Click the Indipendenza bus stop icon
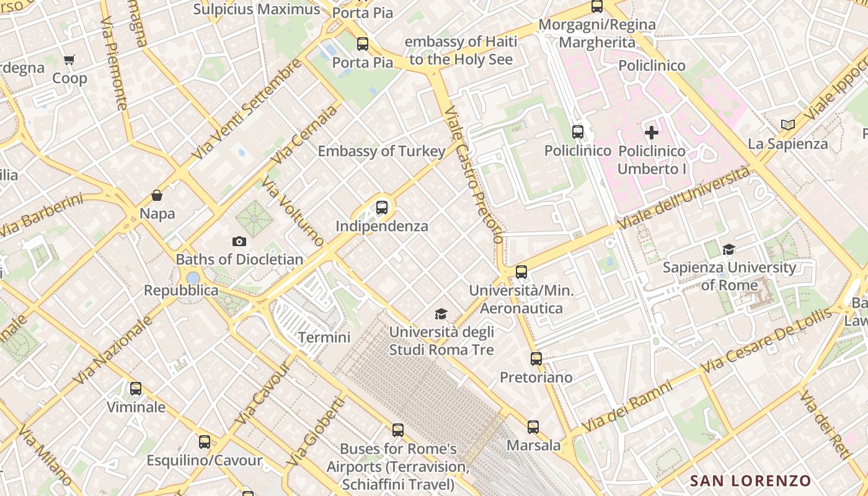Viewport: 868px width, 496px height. [x=382, y=208]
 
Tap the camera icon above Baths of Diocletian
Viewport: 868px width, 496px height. [x=239, y=241]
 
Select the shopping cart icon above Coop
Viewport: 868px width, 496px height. [x=69, y=60]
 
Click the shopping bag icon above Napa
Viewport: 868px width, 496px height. [x=157, y=195]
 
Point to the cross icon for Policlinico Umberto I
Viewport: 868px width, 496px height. [x=652, y=132]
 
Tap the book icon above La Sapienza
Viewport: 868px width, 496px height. [x=788, y=125]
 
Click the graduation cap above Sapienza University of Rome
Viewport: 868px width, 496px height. [x=729, y=249]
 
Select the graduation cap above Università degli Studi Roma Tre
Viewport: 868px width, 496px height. [x=441, y=314]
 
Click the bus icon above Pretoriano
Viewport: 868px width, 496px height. [x=536, y=358]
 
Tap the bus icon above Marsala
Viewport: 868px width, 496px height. [x=533, y=427]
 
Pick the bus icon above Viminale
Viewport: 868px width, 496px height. [x=136, y=389]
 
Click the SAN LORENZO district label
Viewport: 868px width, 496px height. [x=750, y=480]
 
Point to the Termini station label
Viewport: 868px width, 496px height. [x=324, y=337]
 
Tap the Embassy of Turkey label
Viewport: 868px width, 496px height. [x=381, y=151]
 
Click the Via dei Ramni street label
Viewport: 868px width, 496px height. [x=627, y=407]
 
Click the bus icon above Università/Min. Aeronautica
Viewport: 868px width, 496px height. [x=521, y=272]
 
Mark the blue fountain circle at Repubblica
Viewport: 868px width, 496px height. [x=193, y=277]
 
